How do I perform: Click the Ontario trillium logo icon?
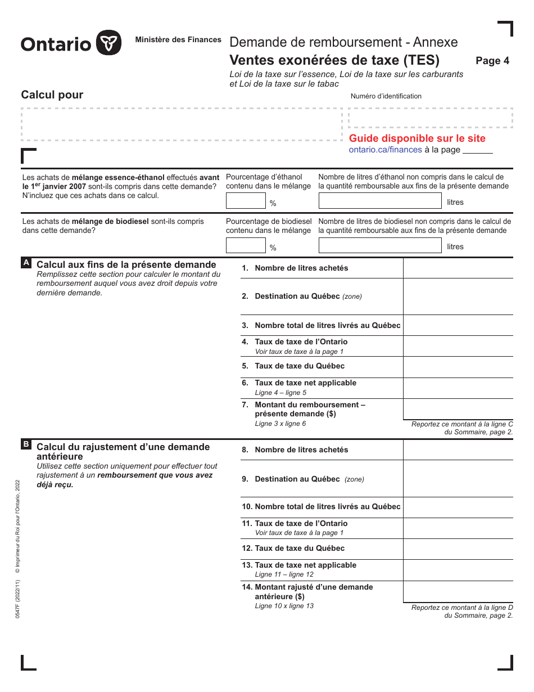108,43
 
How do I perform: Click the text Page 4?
492,61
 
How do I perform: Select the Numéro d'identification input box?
431,118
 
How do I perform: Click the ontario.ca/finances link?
385,150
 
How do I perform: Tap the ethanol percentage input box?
246,201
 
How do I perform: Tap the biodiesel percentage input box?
246,245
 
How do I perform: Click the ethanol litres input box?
380,201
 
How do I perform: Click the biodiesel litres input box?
380,245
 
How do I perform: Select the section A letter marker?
26,263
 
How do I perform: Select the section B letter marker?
26,444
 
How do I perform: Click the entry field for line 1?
458,268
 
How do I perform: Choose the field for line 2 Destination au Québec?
458,296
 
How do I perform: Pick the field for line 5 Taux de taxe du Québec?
458,367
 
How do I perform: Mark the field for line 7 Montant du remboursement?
458,410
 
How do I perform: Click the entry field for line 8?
458,450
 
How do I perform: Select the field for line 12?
458,549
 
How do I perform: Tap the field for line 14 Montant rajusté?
458,592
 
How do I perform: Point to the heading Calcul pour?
52,95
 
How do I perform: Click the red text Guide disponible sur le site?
417,138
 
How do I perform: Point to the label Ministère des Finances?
178,40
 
